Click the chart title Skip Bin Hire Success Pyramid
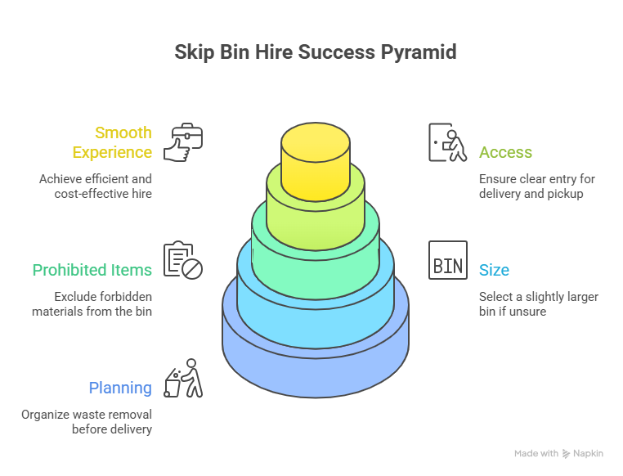pos(315,52)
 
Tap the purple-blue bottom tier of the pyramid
pos(316,360)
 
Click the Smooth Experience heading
pos(112,142)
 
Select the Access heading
pos(505,153)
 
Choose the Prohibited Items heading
pos(92,270)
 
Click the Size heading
pos(494,270)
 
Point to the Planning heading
pos(119,388)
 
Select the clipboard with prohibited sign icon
pos(183,260)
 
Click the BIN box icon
pos(448,260)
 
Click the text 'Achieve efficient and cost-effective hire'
pos(95,186)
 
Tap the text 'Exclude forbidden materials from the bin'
pos(92,304)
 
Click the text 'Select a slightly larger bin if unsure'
pos(538,304)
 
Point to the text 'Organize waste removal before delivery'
pos(87,422)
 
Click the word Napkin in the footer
pos(589,453)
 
